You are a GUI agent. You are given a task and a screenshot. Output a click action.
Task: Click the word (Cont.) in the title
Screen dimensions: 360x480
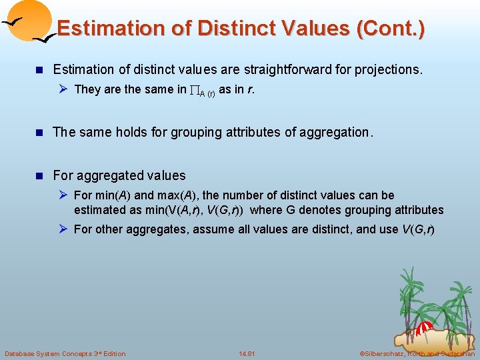click(x=391, y=28)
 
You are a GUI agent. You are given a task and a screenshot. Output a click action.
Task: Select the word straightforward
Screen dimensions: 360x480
click(x=279, y=69)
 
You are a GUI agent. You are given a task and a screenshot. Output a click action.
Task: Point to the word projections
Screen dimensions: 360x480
click(x=390, y=69)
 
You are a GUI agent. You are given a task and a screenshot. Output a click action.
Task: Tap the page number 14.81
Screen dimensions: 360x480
click(x=247, y=353)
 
